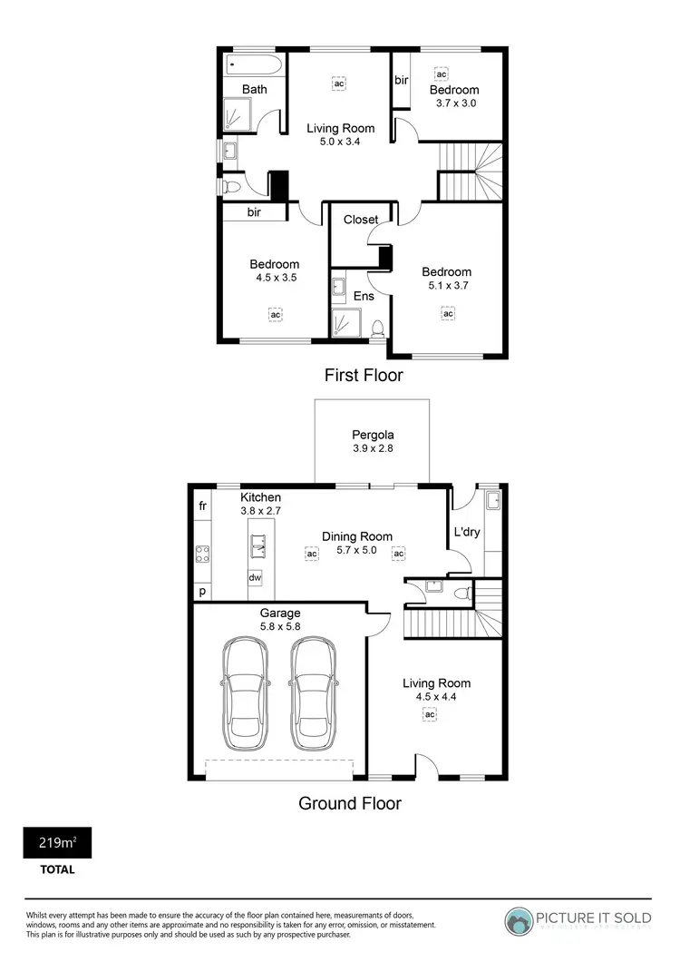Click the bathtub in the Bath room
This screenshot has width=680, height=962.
point(253,64)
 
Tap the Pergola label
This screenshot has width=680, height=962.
point(373,434)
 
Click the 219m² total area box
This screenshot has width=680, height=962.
point(57,843)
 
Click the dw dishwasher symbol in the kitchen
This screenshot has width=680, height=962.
point(255,577)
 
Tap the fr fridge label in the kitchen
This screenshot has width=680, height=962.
point(201,505)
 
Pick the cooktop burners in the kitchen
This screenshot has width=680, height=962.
point(202,555)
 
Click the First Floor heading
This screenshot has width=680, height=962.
point(363,375)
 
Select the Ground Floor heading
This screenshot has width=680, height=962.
point(350,803)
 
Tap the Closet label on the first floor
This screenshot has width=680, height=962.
point(360,220)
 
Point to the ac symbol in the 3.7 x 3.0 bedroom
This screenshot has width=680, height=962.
point(442,74)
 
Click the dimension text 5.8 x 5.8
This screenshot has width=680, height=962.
point(278,626)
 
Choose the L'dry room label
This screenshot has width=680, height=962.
point(465,532)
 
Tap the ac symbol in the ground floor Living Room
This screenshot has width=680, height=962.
point(430,714)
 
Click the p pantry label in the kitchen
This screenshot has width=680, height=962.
point(201,591)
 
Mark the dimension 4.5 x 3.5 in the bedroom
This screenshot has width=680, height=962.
point(274,279)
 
